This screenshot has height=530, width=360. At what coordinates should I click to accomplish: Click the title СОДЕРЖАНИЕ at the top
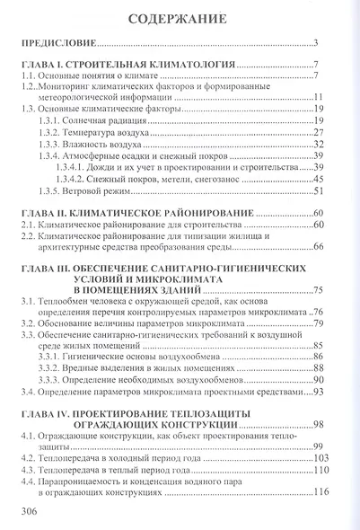(180, 19)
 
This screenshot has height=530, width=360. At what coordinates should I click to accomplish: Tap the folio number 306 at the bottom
(31, 510)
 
